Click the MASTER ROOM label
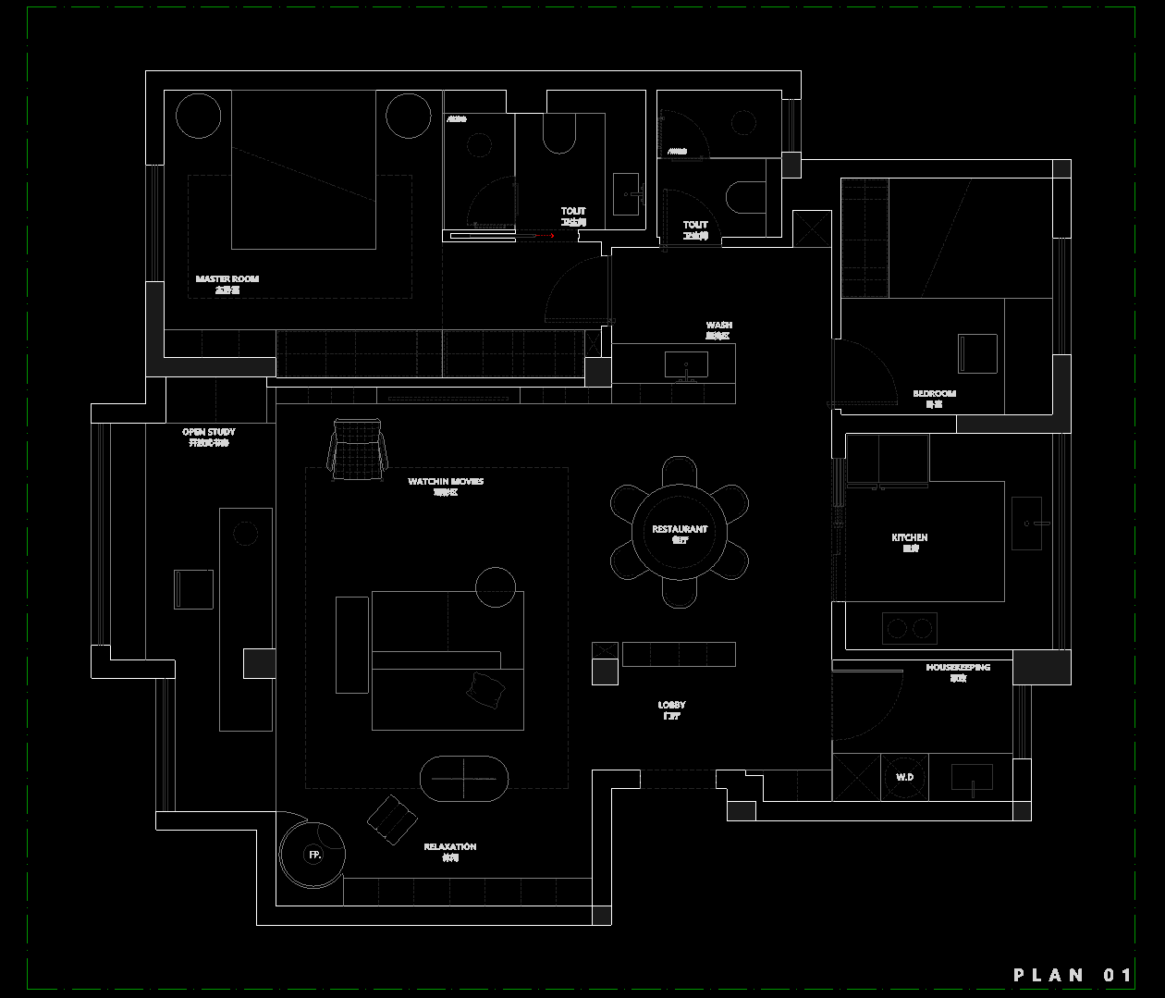click(x=227, y=279)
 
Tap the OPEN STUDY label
click(x=209, y=432)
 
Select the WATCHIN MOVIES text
click(x=446, y=482)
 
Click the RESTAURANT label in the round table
click(x=680, y=530)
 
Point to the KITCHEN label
click(x=910, y=537)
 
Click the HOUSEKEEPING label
click(x=958, y=668)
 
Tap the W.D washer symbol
click(x=904, y=777)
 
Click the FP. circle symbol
click(x=314, y=856)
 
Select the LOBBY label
click(x=672, y=706)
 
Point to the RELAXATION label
click(x=450, y=847)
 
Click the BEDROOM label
click(x=935, y=394)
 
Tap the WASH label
click(x=718, y=326)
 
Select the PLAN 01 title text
click(x=1073, y=975)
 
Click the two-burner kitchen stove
click(x=909, y=629)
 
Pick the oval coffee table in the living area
click(x=464, y=778)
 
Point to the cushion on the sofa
click(x=486, y=690)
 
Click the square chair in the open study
click(x=193, y=589)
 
